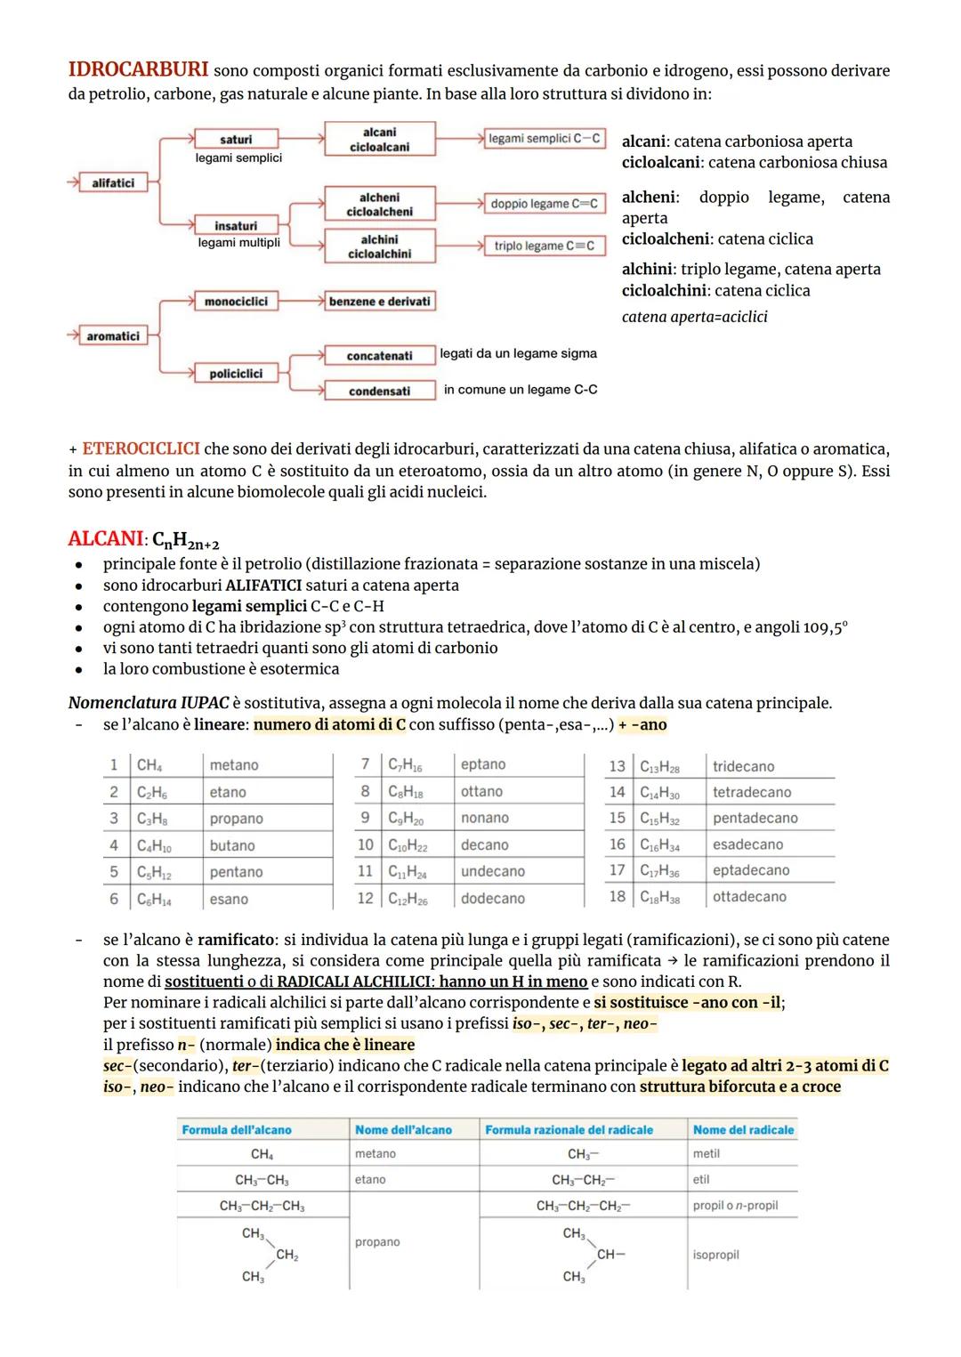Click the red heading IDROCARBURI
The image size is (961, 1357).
coord(138,69)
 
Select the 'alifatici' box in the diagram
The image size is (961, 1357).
coord(113,182)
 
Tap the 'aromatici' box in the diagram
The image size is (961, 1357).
coord(113,336)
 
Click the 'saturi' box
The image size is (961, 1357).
coord(236,139)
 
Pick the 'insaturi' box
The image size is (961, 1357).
coord(236,226)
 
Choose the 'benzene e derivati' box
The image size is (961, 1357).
coord(380,302)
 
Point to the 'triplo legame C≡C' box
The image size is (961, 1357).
coord(544,246)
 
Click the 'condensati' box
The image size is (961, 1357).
coord(380,391)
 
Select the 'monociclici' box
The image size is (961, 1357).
coord(236,302)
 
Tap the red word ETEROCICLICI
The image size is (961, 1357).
coord(141,449)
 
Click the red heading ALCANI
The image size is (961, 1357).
coord(105,539)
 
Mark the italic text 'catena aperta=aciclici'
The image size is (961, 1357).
coord(694,317)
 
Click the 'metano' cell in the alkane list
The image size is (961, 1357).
coord(234,765)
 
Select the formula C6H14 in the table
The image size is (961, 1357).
coord(154,900)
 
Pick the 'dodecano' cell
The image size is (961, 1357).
coord(492,899)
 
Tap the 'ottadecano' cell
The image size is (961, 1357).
coord(749,897)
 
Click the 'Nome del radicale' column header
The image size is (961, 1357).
coord(743,1130)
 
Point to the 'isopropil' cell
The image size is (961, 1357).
coord(716,1255)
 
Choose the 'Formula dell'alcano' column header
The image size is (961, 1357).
coord(237,1130)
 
